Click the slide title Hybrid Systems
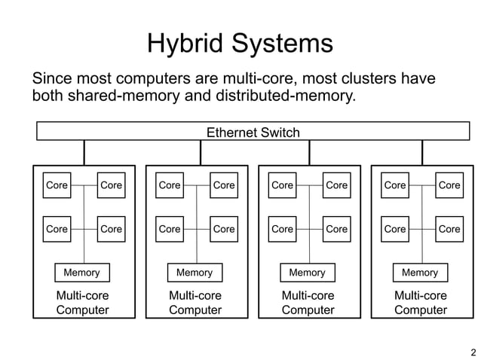tap(240, 43)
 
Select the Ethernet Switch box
tap(253, 133)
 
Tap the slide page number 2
tap(473, 352)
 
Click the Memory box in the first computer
tap(82, 272)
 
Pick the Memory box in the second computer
tap(195, 272)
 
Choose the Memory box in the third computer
tap(308, 272)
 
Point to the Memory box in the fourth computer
tap(420, 272)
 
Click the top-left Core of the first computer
tap(57, 185)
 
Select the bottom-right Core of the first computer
tap(111, 229)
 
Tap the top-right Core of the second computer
tap(224, 185)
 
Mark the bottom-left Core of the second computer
tap(170, 229)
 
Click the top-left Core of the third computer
tap(282, 185)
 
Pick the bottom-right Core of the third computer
tap(336, 229)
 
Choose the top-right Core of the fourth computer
tap(449, 185)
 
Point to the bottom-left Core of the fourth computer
tap(395, 229)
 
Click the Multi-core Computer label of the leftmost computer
tap(83, 303)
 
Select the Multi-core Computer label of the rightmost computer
tap(421, 303)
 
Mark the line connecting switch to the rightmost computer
tap(422, 152)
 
